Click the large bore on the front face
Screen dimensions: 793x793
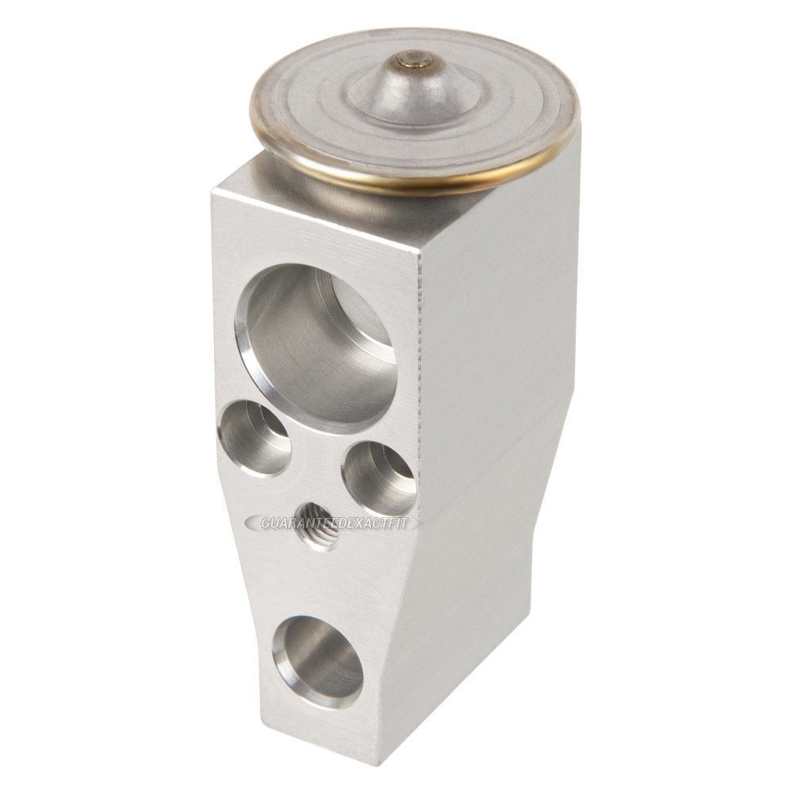317,345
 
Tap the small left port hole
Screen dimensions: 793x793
254,438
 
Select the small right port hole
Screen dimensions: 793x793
379,478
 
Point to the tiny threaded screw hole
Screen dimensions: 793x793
319,526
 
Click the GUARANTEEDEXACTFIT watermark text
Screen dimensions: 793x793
333,523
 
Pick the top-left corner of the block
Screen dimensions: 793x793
214,190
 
